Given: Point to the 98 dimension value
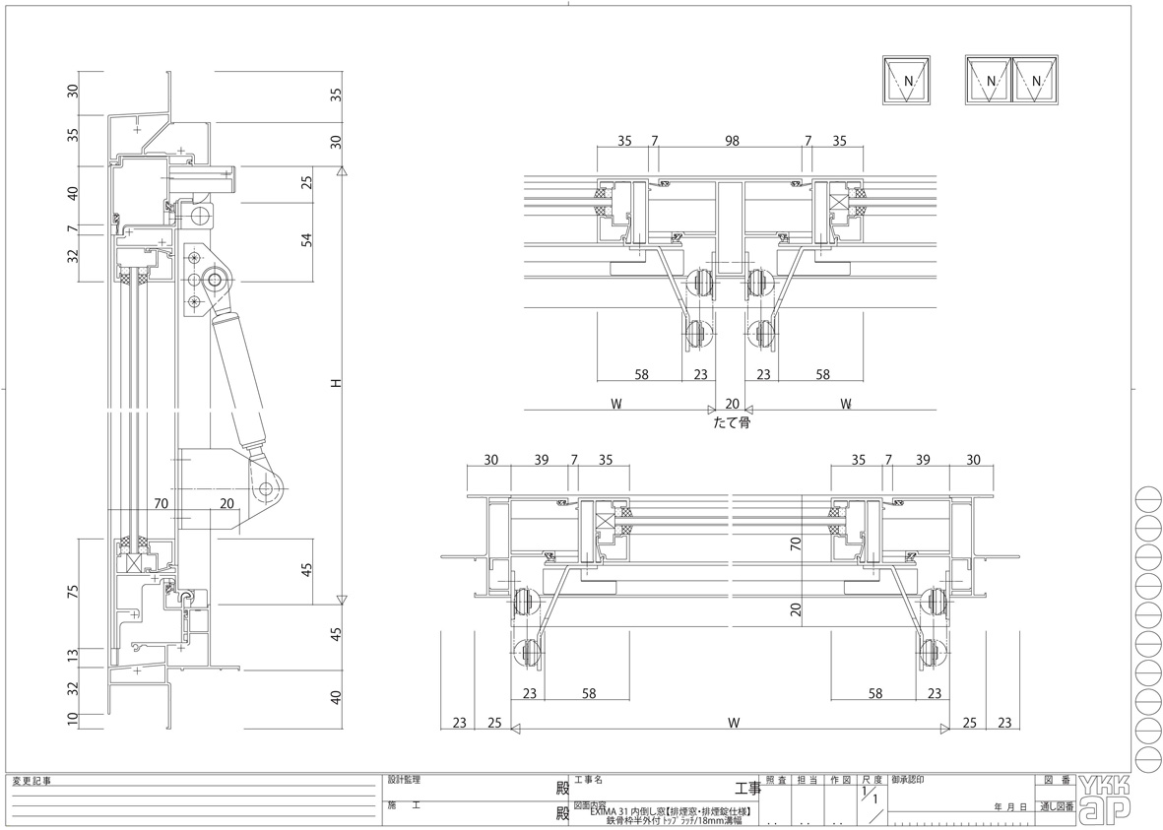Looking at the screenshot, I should pos(731,141).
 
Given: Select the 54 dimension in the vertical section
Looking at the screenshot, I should pos(306,239).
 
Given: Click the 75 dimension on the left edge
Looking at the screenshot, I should pos(72,593).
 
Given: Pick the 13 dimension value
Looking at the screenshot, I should pos(72,656).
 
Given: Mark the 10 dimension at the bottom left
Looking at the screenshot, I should pos(72,720).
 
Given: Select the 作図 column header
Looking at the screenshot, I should pos(839,779).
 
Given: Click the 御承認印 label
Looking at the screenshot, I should pos(907,779).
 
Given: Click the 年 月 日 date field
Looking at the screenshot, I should pos(1011,806).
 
